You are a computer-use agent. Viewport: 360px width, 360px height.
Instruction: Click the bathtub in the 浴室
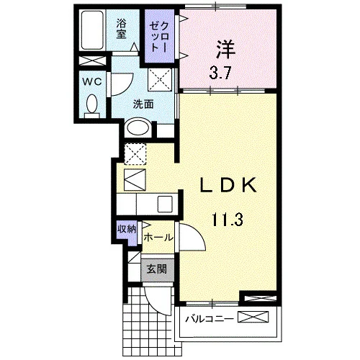pyautogui.click(x=92, y=30)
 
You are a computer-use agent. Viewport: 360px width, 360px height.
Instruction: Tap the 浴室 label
pyautogui.click(x=122, y=30)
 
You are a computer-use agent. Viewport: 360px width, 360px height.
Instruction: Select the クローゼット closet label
pyautogui.click(x=159, y=37)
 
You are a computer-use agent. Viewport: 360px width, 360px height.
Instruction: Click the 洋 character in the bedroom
pyautogui.click(x=225, y=50)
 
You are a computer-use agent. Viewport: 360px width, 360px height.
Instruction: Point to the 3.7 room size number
pyautogui.click(x=220, y=73)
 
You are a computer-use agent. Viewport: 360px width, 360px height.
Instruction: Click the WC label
pyautogui.click(x=92, y=82)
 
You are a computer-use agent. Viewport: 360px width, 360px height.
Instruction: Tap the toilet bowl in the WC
pyautogui.click(x=92, y=104)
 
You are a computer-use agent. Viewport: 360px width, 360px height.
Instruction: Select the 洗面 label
pyautogui.click(x=143, y=104)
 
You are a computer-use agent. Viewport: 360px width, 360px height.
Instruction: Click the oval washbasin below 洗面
pyautogui.click(x=138, y=127)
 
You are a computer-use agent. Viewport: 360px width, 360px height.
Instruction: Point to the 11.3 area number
pyautogui.click(x=228, y=220)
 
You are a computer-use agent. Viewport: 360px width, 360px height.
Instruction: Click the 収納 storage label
pyautogui.click(x=127, y=229)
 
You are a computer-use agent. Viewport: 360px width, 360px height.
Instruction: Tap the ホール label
pyautogui.click(x=158, y=238)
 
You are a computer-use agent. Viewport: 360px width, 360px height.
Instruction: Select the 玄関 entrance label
pyautogui.click(x=157, y=269)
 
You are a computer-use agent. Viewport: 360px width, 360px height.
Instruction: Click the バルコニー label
pyautogui.click(x=210, y=319)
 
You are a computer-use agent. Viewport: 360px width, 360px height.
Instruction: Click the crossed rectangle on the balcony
pyautogui.click(x=253, y=317)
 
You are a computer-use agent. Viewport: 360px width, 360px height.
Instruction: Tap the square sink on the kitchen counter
pyautogui.click(x=165, y=204)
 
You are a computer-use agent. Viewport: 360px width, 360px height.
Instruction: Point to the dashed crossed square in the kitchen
pyautogui.click(x=135, y=154)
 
